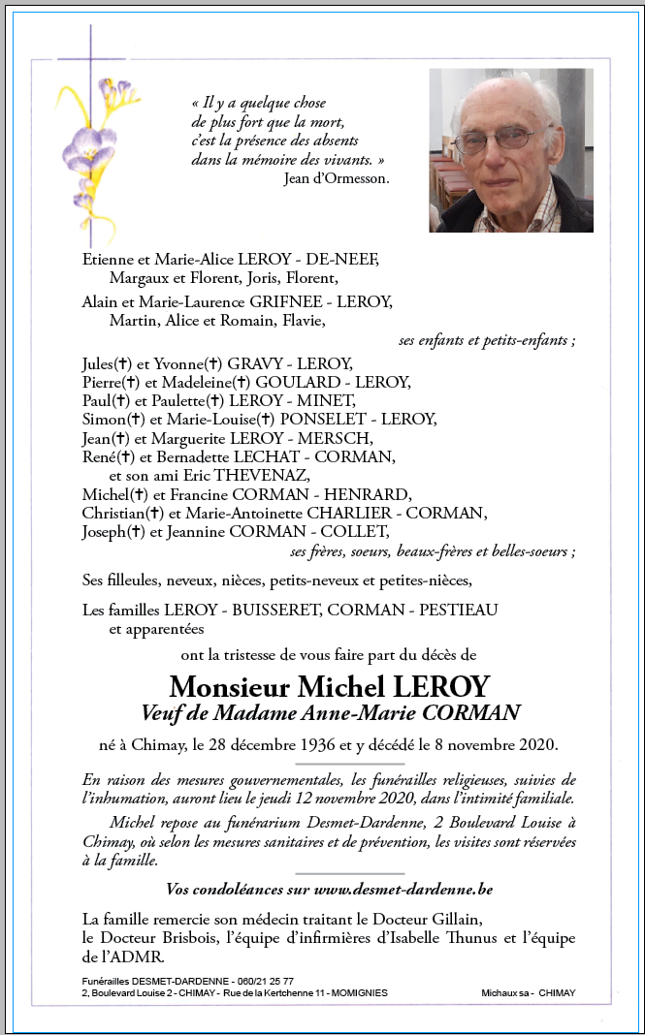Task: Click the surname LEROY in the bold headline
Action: (441, 686)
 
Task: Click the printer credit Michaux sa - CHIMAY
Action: (528, 993)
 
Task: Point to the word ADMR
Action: (124, 957)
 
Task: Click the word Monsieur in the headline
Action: (230, 686)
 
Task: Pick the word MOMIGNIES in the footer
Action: (353, 993)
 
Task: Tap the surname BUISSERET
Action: (270, 610)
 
